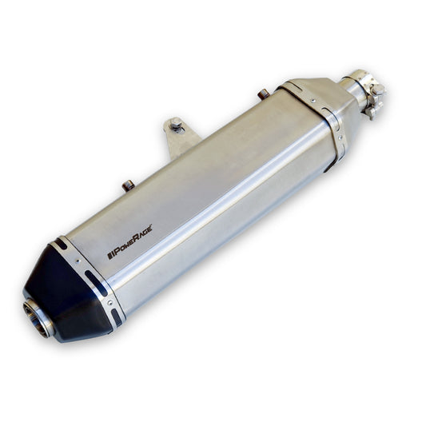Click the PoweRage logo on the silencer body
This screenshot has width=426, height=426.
point(129,242)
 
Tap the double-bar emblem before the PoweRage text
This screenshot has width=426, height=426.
point(109,255)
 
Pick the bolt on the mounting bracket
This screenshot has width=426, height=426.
point(176,125)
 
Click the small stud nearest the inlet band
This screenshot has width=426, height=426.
point(263,94)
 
